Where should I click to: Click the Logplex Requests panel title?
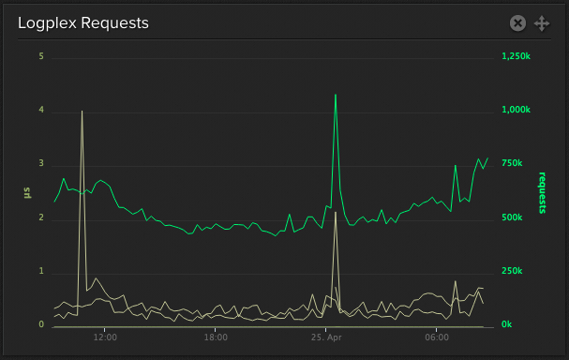click(x=83, y=23)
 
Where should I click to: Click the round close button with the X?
click(x=517, y=23)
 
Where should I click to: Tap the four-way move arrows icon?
click(x=541, y=23)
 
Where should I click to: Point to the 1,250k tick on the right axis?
click(x=517, y=57)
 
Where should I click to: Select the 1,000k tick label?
click(x=517, y=111)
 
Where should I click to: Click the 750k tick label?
click(x=512, y=164)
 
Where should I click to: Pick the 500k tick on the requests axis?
click(x=512, y=217)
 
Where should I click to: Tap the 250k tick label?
click(x=512, y=272)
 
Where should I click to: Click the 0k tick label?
click(x=507, y=325)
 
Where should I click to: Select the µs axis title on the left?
click(x=27, y=191)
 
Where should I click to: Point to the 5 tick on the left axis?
click(x=41, y=56)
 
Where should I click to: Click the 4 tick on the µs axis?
click(x=41, y=111)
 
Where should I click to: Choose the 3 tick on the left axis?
click(x=41, y=164)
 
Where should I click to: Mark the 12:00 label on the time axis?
click(x=105, y=338)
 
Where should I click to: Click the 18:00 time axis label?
click(x=216, y=338)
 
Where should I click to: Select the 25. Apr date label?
click(x=326, y=338)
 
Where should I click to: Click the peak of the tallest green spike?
click(x=335, y=95)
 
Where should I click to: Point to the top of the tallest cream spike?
click(x=82, y=111)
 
